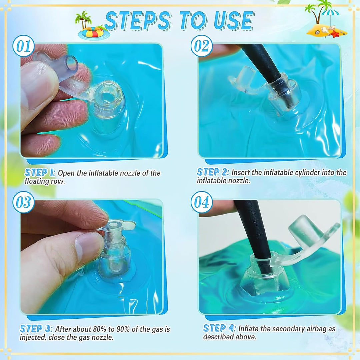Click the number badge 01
click(23, 46)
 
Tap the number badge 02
click(202, 46)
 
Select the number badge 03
click(23, 202)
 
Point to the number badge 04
click(202, 202)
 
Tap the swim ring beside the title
click(94, 33)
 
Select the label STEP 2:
click(213, 172)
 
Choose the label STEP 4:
click(219, 328)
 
